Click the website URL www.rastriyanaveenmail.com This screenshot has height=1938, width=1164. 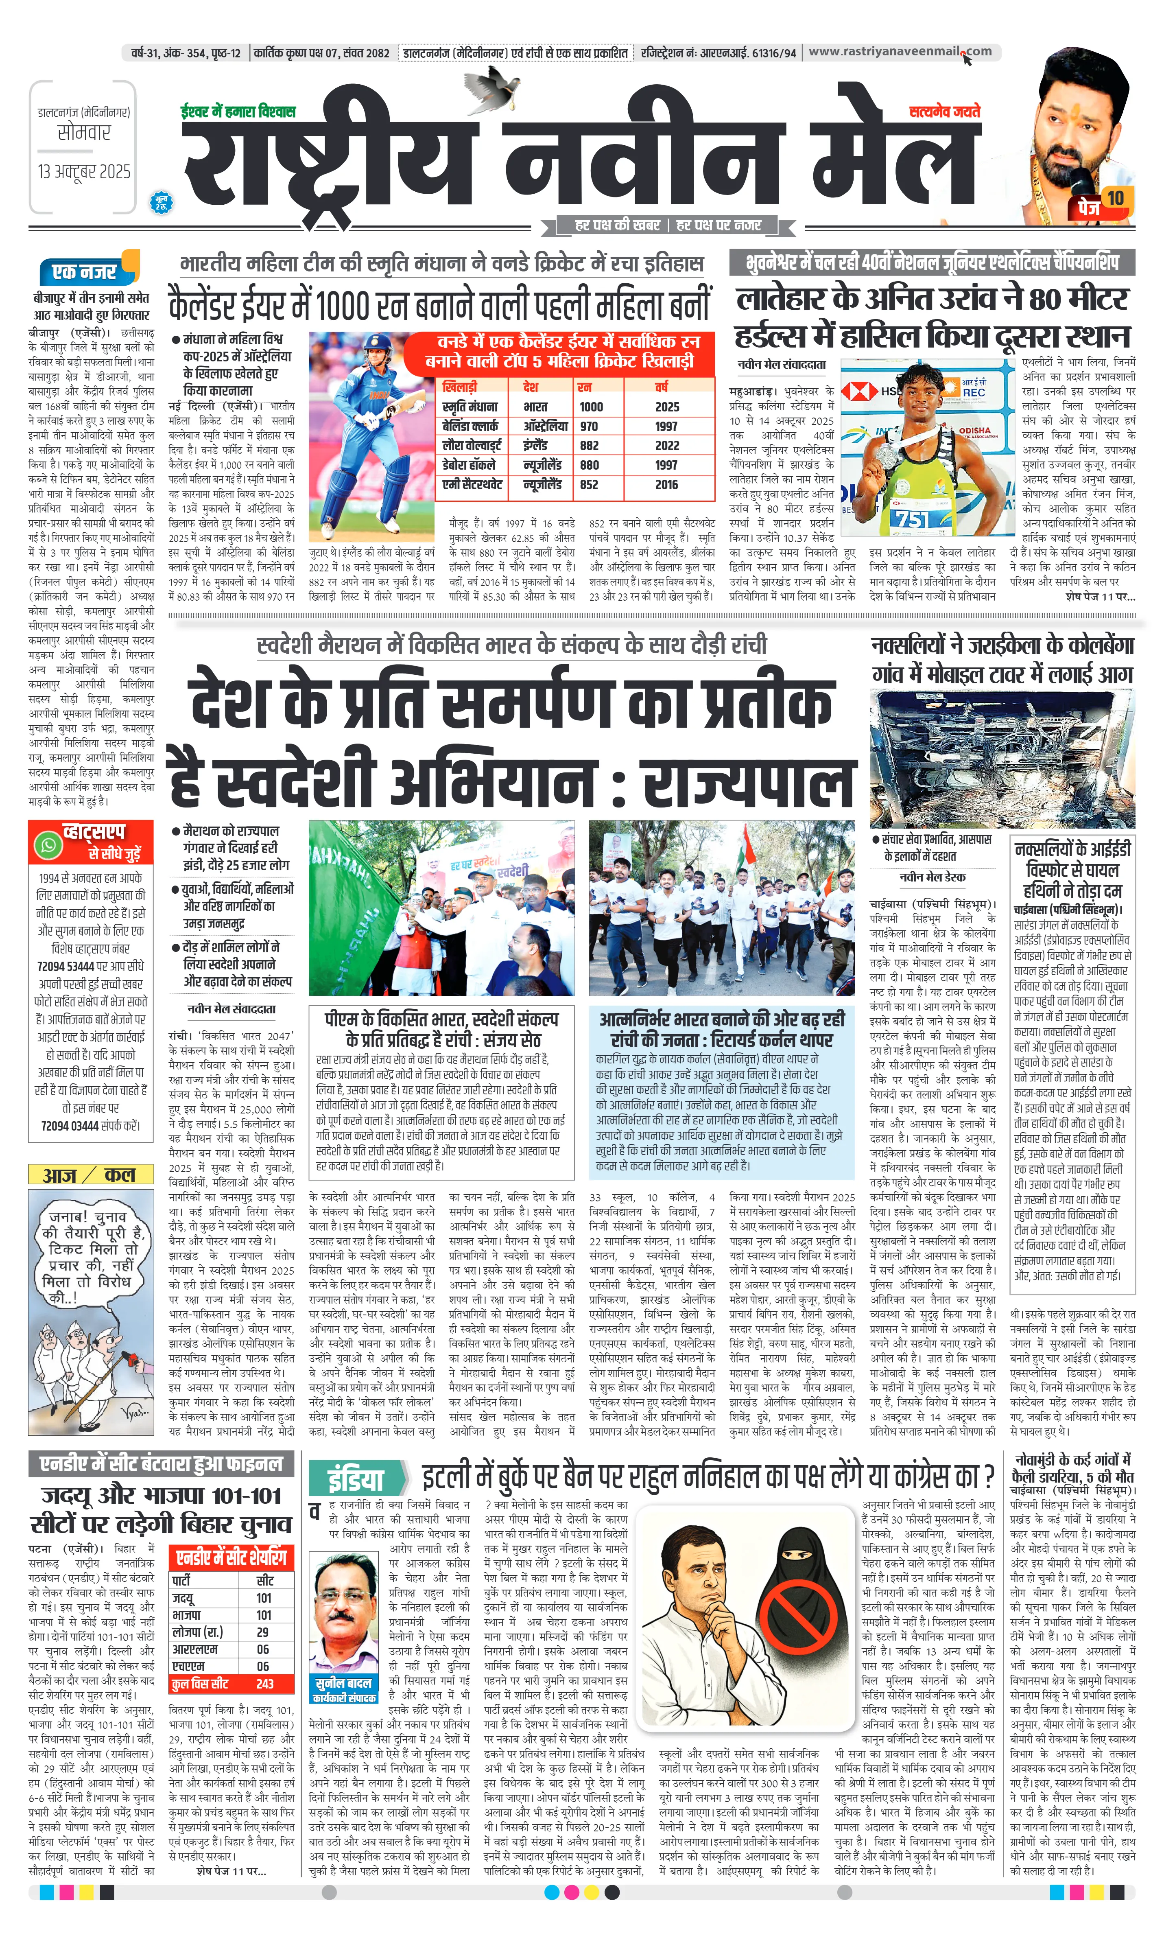pos(900,52)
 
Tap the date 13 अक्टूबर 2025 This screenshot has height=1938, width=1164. pos(84,171)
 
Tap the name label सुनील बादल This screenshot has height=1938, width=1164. pos(343,1683)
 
